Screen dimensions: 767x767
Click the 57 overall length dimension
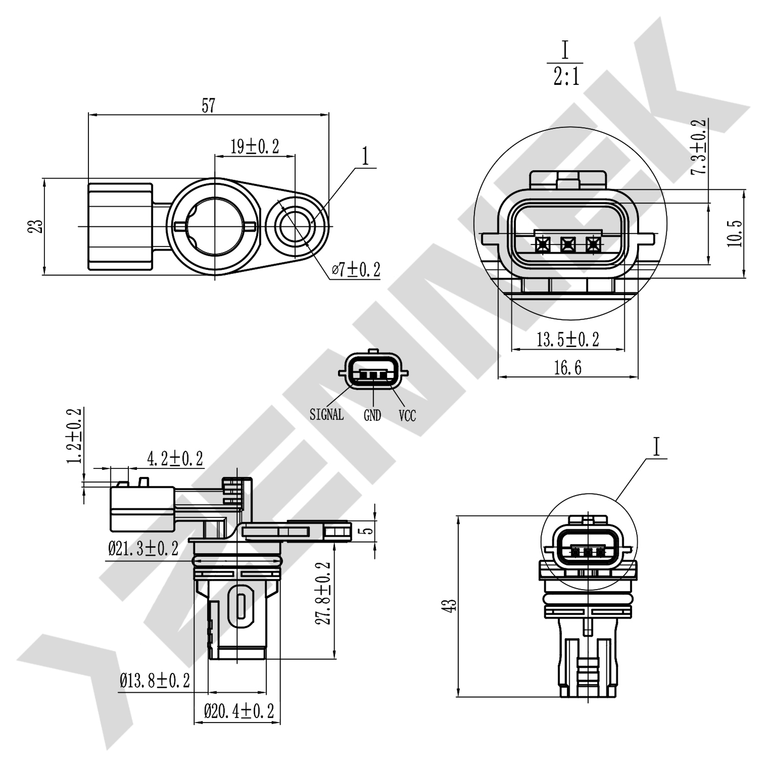209,106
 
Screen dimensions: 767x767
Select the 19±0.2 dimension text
255,147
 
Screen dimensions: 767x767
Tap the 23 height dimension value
35,227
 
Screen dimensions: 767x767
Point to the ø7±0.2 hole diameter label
356,269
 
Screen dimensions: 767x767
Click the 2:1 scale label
566,78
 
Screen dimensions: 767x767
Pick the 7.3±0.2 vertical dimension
698,147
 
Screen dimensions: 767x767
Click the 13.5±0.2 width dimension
568,339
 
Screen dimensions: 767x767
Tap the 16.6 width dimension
568,367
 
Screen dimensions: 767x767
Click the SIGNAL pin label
327,415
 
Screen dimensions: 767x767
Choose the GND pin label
372,416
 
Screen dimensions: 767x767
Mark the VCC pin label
407,416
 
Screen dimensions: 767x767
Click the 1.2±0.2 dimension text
75,436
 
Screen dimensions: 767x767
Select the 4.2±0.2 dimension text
175,459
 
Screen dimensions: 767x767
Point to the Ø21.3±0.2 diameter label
143,549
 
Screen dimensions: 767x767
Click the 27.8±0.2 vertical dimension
323,593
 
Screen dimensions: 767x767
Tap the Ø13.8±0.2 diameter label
155,681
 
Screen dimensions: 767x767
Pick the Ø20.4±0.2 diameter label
239,711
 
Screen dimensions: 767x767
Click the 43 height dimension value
451,606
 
